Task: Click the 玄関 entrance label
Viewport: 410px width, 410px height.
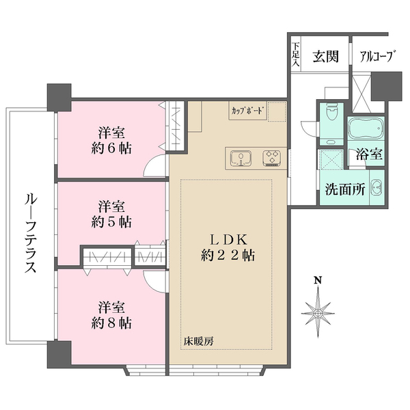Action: click(x=326, y=57)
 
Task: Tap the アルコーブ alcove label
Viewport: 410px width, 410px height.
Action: click(x=375, y=57)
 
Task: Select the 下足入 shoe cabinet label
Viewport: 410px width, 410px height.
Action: click(x=296, y=55)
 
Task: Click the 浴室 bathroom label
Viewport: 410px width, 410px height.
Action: click(x=368, y=156)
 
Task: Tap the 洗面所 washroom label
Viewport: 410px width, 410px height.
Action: click(x=344, y=190)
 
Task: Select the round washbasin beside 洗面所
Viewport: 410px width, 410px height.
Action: click(x=376, y=191)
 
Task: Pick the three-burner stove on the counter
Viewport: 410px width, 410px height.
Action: click(x=271, y=159)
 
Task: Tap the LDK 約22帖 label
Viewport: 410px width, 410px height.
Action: click(x=229, y=247)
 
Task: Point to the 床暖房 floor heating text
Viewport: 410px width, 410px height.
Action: click(x=197, y=340)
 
